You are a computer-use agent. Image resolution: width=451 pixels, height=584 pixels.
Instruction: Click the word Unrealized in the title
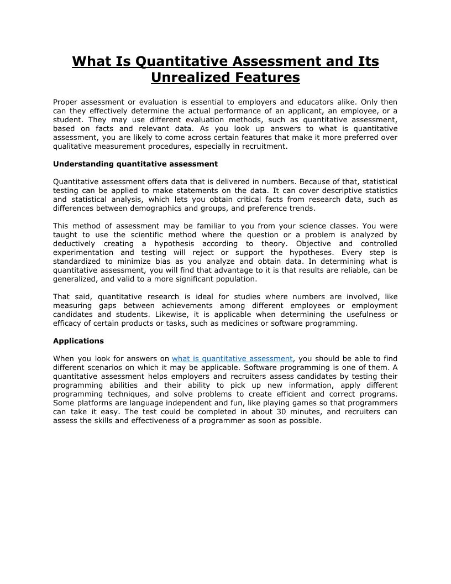pos(186,77)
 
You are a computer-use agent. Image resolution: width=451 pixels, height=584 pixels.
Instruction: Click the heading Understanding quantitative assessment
pos(135,164)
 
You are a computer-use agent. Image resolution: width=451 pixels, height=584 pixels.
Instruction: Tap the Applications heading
pos(78,341)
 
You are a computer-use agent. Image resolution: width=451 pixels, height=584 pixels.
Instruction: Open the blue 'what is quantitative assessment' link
pos(232,358)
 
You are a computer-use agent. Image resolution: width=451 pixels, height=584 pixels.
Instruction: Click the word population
pos(233,279)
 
